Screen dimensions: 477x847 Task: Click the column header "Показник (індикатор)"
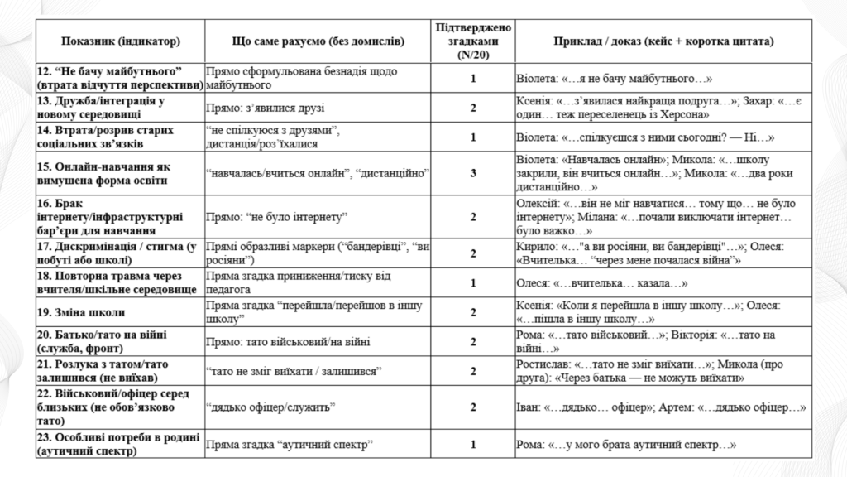[120, 41]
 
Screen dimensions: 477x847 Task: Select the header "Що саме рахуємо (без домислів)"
[317, 41]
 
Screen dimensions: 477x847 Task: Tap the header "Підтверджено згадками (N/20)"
[473, 41]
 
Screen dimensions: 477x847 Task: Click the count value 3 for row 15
[473, 173]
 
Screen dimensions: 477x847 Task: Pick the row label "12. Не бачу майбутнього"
[121, 79]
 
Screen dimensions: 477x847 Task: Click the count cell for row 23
[473, 445]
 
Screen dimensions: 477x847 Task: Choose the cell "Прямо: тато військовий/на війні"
[287, 341]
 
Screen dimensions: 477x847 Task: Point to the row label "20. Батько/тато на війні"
[103, 341]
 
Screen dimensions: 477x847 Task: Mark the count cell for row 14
[473, 137]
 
